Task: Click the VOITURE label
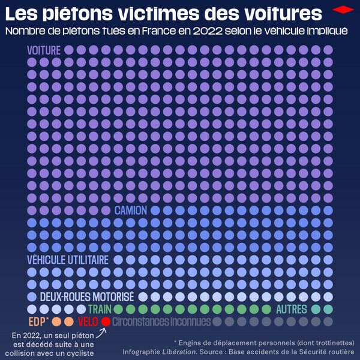(x=44, y=50)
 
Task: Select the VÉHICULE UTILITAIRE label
(x=68, y=260)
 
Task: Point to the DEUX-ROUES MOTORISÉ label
(x=86, y=296)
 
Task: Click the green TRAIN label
(x=100, y=309)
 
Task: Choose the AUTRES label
(x=292, y=309)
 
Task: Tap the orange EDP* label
(x=38, y=321)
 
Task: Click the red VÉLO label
(x=88, y=321)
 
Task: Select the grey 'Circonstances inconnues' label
(x=161, y=322)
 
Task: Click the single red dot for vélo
(x=106, y=321)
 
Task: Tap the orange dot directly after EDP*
(x=56, y=321)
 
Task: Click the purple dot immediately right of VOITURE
(x=69, y=50)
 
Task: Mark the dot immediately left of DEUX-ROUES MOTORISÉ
(x=32, y=296)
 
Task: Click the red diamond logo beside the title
(x=343, y=10)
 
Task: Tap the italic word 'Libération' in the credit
(x=179, y=351)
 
